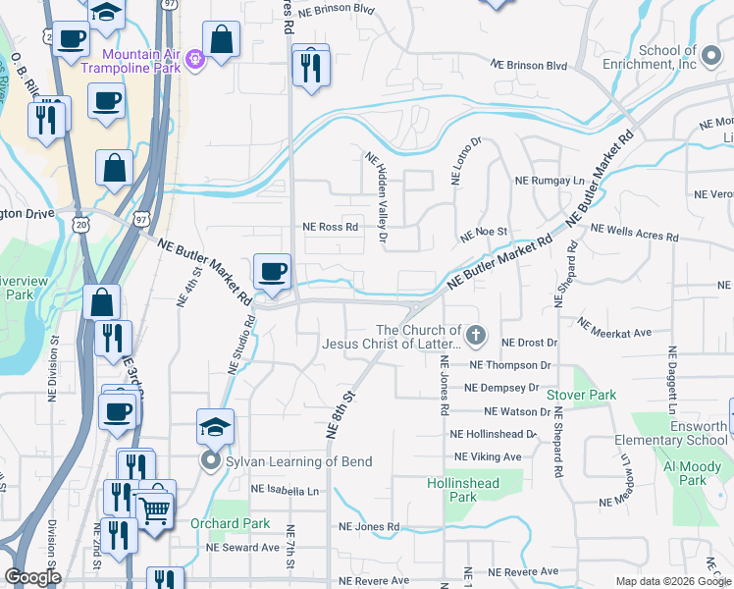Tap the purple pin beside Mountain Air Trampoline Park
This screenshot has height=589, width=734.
click(x=195, y=60)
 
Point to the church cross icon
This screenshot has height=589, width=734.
click(x=475, y=337)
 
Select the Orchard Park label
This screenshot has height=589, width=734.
click(x=230, y=523)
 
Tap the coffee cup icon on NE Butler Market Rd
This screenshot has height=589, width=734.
click(x=272, y=270)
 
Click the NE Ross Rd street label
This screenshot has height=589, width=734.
click(x=331, y=226)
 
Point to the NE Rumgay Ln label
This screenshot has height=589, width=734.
click(x=550, y=182)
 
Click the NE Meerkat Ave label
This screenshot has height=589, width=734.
click(x=614, y=327)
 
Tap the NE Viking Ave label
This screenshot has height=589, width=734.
click(x=488, y=456)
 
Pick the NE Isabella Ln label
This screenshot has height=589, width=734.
click(x=285, y=489)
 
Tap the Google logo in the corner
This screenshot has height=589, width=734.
click(x=32, y=577)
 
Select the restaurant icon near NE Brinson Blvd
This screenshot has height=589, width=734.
click(x=311, y=67)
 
